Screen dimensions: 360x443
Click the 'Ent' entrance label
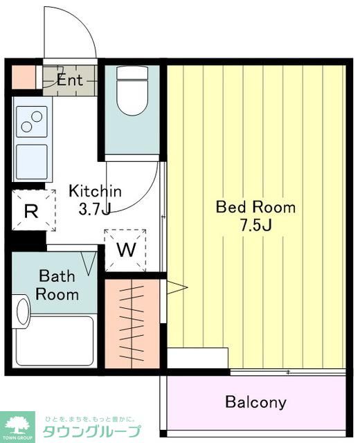70,80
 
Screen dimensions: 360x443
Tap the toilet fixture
132,91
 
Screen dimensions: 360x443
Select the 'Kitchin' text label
96,191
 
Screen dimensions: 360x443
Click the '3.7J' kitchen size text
94,209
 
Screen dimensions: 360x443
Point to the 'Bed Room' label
255,207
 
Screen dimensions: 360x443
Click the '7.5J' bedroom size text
256,225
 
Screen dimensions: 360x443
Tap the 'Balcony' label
255,401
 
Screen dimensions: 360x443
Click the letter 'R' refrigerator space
31,210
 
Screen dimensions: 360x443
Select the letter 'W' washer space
126,249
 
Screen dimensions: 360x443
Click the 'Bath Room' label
57,285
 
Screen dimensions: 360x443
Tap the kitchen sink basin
32,161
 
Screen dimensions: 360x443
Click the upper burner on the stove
37,116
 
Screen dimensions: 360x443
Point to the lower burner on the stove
26,127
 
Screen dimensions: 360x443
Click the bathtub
55,341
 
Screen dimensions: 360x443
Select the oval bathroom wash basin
23,311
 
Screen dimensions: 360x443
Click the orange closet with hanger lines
132,324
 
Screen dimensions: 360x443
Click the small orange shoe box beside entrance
24,77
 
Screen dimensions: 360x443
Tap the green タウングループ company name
92,431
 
